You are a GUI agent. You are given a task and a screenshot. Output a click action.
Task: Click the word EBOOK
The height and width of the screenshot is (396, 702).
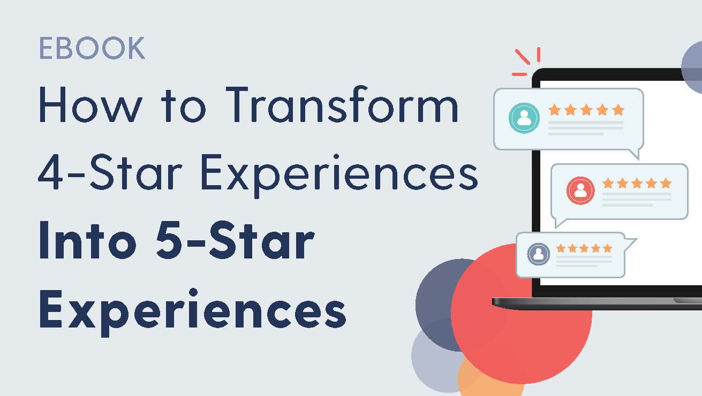92,48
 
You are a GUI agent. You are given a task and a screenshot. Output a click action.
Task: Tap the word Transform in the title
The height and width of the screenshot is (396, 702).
342,104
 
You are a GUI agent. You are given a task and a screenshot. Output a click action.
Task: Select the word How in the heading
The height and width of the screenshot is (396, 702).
90,105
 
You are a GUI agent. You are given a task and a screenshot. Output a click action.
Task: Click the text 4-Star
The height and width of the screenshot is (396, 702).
110,172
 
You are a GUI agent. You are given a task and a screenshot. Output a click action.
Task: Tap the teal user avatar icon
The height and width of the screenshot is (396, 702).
524,118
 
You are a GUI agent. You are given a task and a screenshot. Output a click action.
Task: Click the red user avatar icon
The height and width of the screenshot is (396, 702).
580,191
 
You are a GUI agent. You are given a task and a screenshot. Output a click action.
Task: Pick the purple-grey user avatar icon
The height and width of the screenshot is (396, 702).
538,254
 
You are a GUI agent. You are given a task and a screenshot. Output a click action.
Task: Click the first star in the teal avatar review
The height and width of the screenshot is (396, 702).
554,110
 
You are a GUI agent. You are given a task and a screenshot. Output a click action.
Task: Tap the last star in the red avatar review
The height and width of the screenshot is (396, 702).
666,183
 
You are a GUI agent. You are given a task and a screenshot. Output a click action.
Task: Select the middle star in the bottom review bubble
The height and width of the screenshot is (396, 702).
584,248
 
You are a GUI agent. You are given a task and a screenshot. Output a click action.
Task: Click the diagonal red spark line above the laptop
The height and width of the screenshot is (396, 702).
523,57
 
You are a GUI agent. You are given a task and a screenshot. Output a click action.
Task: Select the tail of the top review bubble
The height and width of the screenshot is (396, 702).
635,154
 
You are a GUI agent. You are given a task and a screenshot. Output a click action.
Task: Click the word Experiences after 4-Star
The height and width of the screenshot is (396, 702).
339,176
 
